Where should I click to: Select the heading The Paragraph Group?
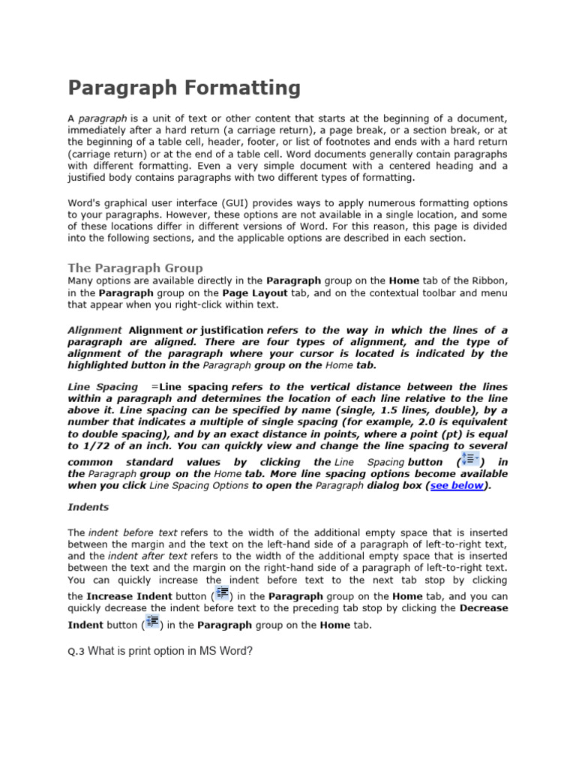coord(135,268)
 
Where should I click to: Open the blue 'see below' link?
coord(457,485)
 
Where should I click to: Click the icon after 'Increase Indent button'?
coord(221,593)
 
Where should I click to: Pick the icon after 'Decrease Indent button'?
coord(152,622)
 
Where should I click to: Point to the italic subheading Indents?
coord(88,507)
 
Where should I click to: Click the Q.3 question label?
coord(76,652)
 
